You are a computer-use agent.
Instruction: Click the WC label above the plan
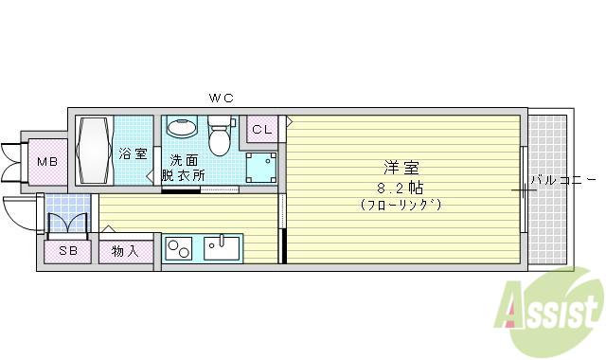(x=222, y=98)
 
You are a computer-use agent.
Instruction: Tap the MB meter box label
(x=47, y=162)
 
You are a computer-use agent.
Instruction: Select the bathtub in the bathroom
(x=94, y=150)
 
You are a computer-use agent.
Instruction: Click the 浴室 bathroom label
(x=133, y=153)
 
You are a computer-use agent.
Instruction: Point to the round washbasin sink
(x=182, y=127)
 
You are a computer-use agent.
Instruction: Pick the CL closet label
(x=262, y=130)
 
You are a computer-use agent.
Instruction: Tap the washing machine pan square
(x=261, y=168)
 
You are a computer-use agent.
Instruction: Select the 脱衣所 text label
(x=183, y=175)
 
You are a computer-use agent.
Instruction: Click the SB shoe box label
(x=68, y=251)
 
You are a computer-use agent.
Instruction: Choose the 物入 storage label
(x=125, y=252)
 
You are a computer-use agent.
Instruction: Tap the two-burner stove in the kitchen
(x=178, y=248)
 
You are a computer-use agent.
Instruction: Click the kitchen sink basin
(x=222, y=248)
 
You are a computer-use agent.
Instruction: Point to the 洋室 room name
(x=401, y=168)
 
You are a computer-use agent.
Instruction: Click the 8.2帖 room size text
(x=400, y=189)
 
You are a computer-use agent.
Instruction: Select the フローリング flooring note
(x=401, y=205)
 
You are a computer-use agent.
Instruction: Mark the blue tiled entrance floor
(x=68, y=212)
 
